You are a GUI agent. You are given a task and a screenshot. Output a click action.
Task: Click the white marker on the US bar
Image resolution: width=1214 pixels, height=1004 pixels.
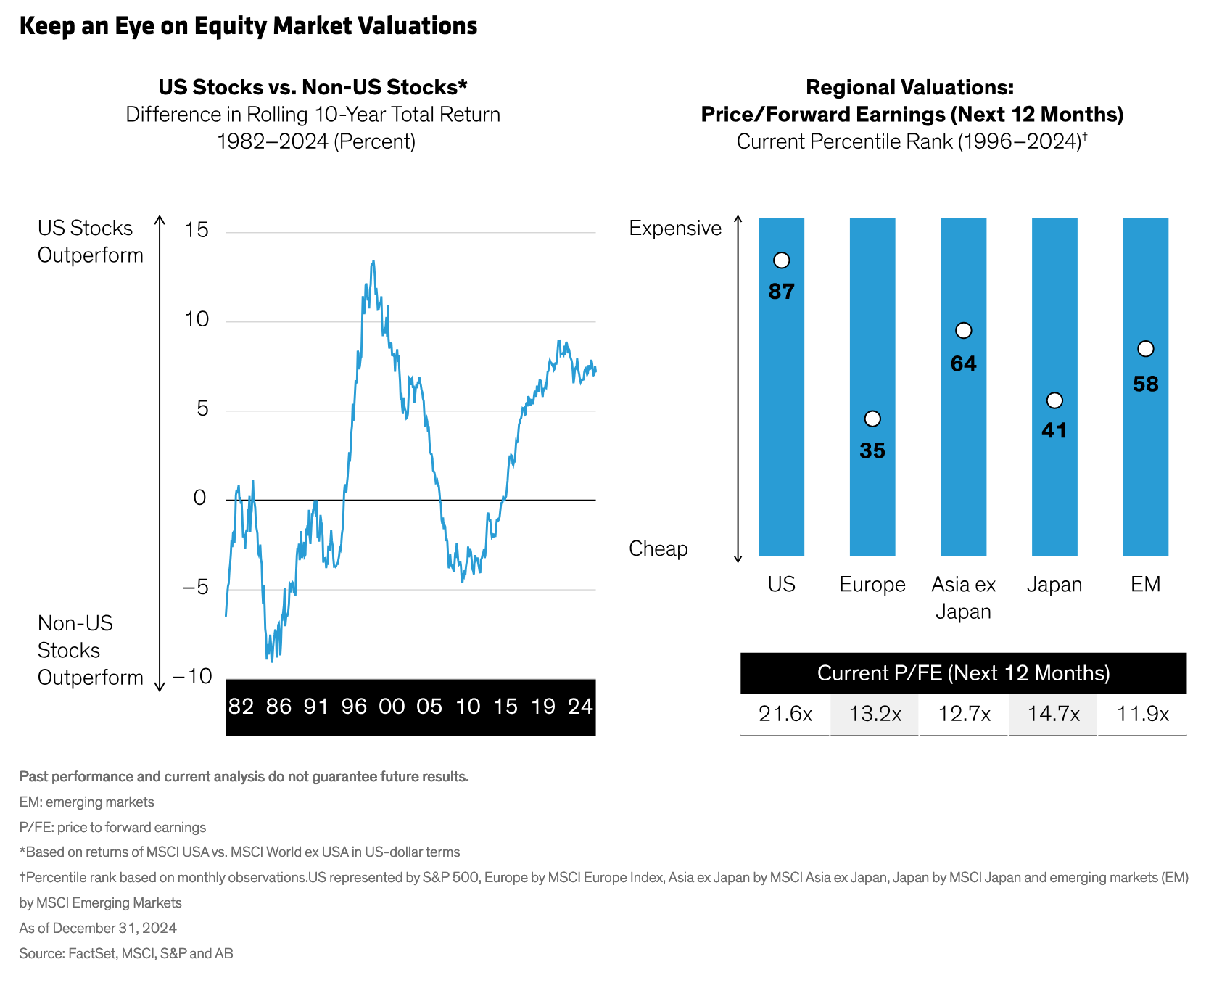pos(781,260)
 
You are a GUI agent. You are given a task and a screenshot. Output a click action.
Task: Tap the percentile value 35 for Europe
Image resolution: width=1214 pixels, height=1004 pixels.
pos(872,450)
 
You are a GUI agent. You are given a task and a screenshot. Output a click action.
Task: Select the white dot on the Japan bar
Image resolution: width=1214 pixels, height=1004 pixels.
pos(1054,400)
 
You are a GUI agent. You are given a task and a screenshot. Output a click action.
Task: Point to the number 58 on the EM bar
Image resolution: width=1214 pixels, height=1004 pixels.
pos(1146,384)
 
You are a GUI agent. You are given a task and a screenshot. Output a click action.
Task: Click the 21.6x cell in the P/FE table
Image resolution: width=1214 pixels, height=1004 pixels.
pos(785,714)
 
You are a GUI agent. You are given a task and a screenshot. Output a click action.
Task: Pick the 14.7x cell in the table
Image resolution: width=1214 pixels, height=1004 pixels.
pos(1053,714)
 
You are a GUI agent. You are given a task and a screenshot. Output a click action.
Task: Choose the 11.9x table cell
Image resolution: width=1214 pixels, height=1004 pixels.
pos(1143,714)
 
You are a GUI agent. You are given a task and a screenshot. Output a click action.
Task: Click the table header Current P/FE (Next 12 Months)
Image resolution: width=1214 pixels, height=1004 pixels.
pos(963,673)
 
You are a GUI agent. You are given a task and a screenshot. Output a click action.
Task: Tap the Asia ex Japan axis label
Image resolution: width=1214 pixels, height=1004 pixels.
pos(963,597)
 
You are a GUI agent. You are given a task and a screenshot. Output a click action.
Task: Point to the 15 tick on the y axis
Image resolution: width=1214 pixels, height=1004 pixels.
pos(197,230)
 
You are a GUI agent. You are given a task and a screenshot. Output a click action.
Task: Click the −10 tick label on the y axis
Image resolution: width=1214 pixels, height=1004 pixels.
pos(192,676)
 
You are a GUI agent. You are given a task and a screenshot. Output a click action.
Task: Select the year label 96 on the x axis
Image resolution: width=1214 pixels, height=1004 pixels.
pos(354,707)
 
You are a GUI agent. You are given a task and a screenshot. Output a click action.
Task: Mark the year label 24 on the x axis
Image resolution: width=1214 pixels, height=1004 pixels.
pos(580,707)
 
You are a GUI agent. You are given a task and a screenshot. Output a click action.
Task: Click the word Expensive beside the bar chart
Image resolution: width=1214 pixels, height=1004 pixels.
pos(675,228)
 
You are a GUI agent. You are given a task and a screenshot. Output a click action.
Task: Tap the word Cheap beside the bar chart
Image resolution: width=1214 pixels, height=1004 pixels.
pos(658,548)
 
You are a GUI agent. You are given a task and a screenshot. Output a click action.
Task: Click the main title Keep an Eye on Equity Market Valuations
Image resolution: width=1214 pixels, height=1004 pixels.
pos(248,26)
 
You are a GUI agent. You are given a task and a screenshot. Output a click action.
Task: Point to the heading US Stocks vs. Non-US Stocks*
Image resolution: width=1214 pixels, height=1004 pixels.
pos(313,87)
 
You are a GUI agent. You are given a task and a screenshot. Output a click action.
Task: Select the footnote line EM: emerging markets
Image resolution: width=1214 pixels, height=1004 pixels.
pos(86,802)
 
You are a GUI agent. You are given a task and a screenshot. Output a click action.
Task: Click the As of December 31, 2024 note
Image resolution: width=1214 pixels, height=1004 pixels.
pos(98,928)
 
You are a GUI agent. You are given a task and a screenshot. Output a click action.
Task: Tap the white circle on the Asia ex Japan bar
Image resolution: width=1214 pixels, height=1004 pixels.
pos(963,331)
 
